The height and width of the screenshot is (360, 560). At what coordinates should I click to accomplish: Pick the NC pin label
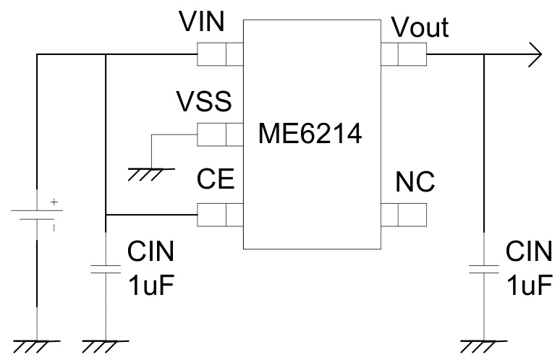pyautogui.click(x=415, y=182)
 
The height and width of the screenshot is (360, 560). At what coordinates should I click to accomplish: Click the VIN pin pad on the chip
pyautogui.click(x=220, y=53)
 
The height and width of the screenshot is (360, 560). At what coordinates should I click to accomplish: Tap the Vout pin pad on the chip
pyautogui.click(x=403, y=53)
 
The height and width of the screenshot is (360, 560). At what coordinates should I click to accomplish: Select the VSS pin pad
pyautogui.click(x=220, y=134)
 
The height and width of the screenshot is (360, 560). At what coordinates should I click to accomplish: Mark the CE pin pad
pyautogui.click(x=220, y=215)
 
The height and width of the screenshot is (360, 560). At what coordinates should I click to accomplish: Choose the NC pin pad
pyautogui.click(x=403, y=215)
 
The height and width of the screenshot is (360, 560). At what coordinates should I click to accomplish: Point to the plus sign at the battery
pyautogui.click(x=53, y=204)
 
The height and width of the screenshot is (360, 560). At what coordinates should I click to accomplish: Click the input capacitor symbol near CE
pyautogui.click(x=106, y=270)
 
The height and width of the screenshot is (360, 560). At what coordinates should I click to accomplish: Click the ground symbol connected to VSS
pyautogui.click(x=150, y=171)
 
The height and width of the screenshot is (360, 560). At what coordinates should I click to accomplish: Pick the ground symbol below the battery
pyautogui.click(x=36, y=346)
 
